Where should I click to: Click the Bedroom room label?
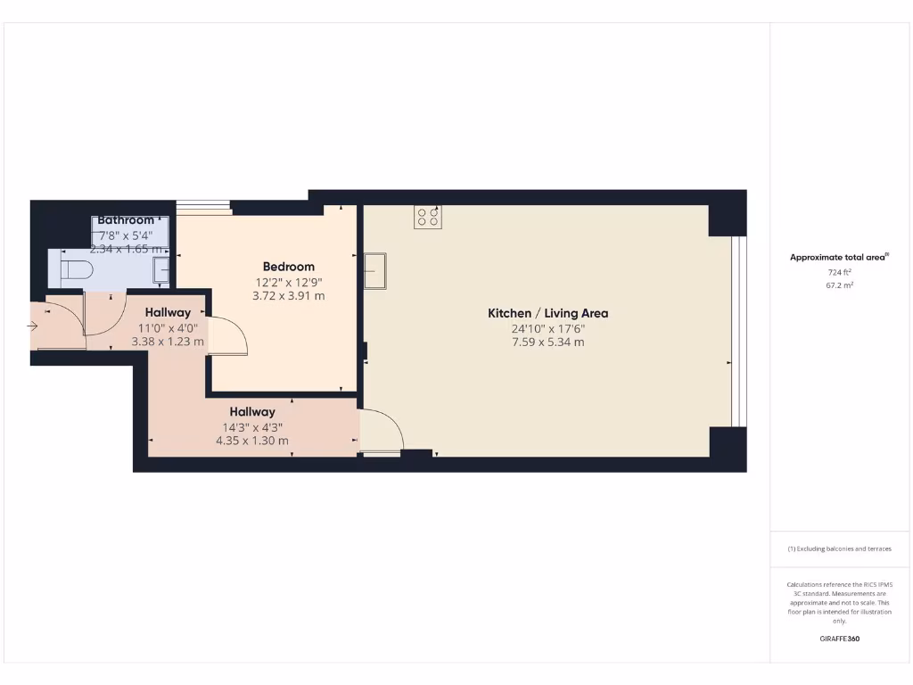(x=288, y=267)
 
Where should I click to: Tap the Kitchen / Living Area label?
(x=547, y=313)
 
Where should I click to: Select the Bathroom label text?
(x=126, y=220)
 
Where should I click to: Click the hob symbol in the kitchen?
(x=427, y=217)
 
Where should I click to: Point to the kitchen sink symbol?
(x=374, y=271)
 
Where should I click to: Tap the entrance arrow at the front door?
(x=33, y=326)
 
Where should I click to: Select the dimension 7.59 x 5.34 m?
(x=547, y=342)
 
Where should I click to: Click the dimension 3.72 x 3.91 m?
(x=288, y=295)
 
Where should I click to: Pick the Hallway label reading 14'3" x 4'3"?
(x=252, y=426)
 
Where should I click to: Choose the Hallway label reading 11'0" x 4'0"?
(x=168, y=326)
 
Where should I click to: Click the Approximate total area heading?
(x=838, y=258)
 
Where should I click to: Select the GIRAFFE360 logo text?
(x=839, y=639)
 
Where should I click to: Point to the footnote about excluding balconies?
(x=839, y=549)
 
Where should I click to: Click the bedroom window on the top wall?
(x=203, y=208)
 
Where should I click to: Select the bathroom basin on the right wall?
(x=161, y=268)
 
